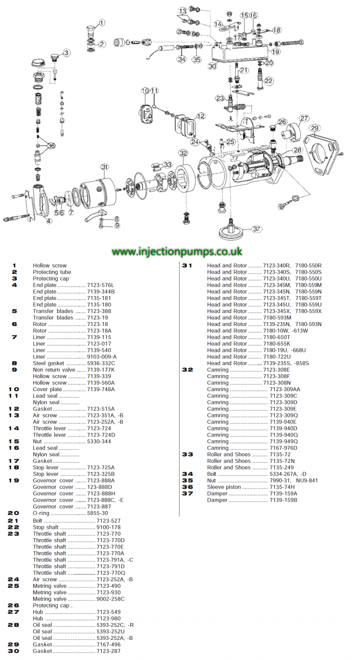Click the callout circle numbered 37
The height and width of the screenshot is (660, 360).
(256, 229)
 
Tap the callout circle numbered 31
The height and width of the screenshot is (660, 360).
(105, 167)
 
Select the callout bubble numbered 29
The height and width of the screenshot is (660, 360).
(315, 128)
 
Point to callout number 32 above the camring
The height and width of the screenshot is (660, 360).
(183, 153)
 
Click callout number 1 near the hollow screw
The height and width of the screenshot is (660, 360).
(102, 22)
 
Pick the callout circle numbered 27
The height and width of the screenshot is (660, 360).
(305, 119)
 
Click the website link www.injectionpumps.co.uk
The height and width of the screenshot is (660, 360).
(177, 252)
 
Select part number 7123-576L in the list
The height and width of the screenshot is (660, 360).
(101, 285)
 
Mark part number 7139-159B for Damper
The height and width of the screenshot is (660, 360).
(284, 500)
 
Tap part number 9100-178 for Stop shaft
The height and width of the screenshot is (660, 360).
(109, 527)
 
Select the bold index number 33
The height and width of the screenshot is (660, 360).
(187, 454)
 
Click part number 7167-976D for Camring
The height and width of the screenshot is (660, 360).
(284, 448)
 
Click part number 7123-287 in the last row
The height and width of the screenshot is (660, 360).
(109, 651)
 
